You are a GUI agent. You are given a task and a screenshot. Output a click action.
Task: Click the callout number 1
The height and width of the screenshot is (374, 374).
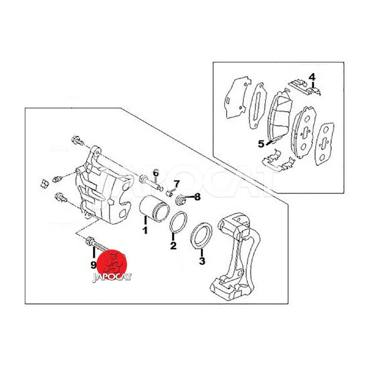pos(145,230)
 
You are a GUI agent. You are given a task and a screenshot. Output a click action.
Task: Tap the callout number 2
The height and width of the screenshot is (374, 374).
pos(173,245)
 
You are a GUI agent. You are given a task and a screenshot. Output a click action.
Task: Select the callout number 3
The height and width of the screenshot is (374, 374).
pos(202,261)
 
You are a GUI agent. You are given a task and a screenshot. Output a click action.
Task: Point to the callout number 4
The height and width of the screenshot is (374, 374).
pos(312,77)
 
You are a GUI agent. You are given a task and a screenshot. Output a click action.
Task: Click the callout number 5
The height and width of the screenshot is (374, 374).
pos(261,144)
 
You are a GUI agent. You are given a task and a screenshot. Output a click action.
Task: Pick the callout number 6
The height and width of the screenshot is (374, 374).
pos(156,172)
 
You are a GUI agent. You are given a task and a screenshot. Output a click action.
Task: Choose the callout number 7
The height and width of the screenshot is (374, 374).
pos(177,184)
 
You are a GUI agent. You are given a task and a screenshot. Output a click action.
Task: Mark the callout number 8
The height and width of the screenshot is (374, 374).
pos(197,197)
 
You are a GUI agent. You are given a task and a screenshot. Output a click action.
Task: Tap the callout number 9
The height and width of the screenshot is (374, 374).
pos(93,265)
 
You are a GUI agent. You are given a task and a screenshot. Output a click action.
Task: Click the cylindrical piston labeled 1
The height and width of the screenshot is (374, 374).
pos(154,208)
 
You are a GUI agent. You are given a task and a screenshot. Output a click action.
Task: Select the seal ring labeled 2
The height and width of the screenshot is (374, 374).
pos(179,222)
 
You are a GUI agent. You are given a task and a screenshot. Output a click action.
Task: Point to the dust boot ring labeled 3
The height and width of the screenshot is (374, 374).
pos(201,236)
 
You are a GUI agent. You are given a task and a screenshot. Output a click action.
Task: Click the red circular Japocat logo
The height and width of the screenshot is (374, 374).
pos(112,265)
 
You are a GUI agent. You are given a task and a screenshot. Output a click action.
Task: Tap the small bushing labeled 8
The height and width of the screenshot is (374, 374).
pos(181,200)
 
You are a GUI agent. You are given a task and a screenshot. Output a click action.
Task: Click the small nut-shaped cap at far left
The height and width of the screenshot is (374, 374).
pos(44,183)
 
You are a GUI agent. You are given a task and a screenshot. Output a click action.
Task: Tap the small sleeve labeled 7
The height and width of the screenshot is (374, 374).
pos(169,193)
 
